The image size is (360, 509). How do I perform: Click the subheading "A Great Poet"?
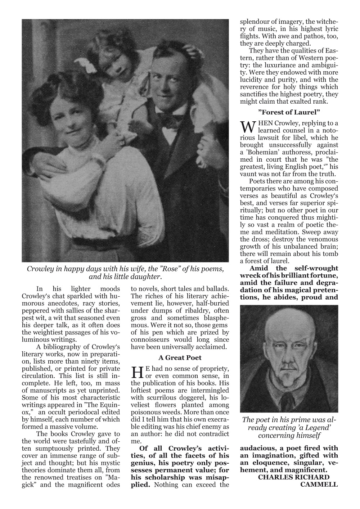180,357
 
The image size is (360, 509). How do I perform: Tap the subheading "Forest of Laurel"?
289,112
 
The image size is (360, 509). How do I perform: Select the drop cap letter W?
247,127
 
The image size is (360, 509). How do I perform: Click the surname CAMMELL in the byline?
319,484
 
